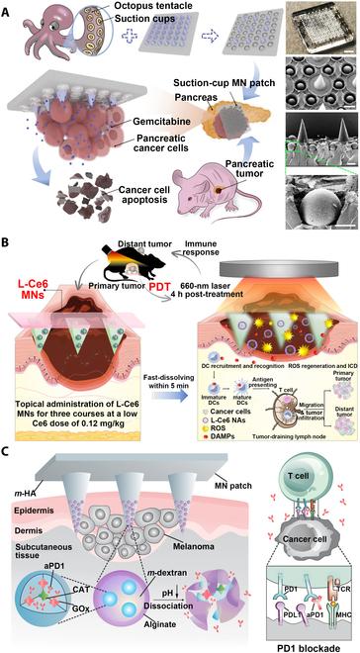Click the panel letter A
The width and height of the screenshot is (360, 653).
click(x=9, y=9)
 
